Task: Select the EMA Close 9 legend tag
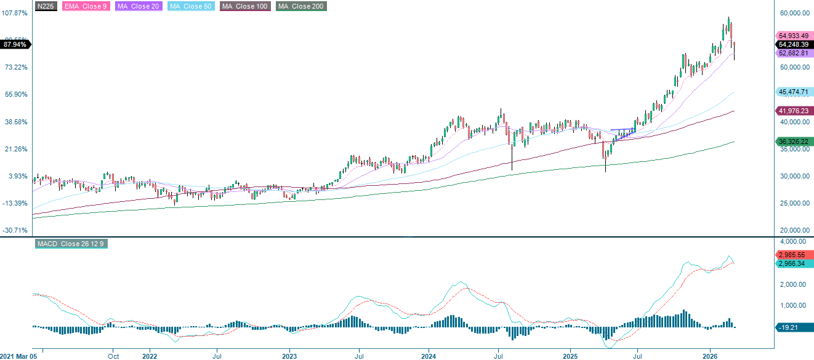click(85, 6)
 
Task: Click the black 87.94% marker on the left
click(15, 44)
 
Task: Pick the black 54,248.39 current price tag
click(793, 45)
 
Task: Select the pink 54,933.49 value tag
click(793, 36)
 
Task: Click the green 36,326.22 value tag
click(793, 142)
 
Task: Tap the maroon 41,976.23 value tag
click(793, 111)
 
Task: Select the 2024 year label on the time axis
click(429, 356)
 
